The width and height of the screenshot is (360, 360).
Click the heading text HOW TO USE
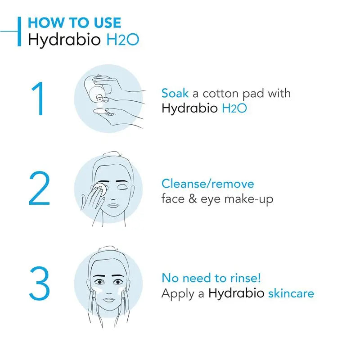74,23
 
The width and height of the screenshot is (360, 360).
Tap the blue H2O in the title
123,40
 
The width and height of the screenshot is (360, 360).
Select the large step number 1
38,99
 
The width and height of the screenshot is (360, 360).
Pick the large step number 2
39,188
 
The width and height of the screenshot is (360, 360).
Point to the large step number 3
39,283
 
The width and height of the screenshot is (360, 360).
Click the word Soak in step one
175,93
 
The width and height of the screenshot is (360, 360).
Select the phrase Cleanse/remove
208,184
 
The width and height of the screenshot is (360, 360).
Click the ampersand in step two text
193,199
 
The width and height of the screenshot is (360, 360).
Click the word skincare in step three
291,293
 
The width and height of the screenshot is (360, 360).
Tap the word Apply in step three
178,294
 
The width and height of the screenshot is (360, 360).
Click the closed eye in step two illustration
122,187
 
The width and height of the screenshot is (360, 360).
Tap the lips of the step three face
109,300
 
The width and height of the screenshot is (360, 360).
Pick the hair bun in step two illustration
111,154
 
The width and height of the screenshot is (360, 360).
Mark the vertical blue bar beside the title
19,31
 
